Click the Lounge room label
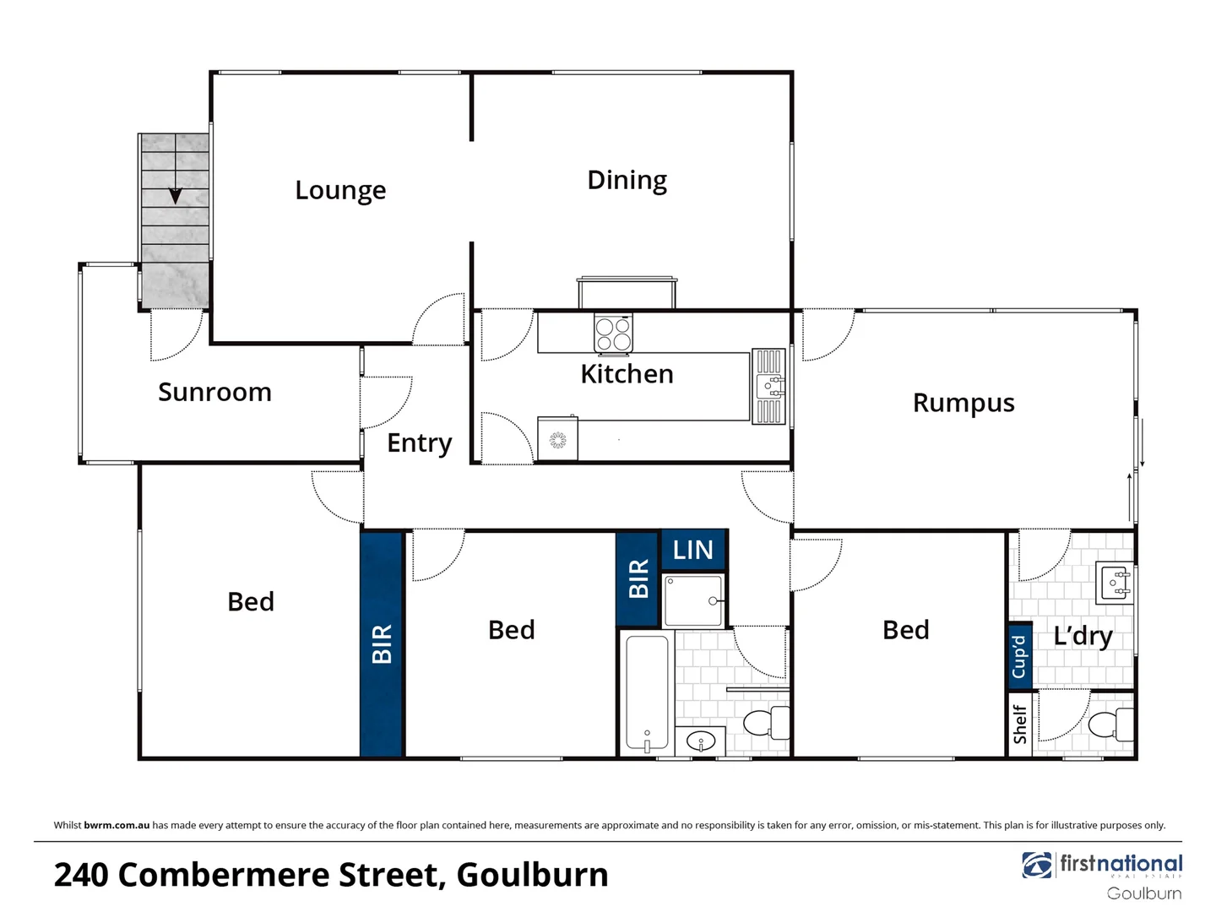tap(340, 191)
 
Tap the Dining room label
tap(627, 181)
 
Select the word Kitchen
tap(627, 374)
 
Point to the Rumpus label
tap(964, 404)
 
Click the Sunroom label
tap(214, 393)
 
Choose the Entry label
tap(419, 443)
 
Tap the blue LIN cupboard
tap(693, 551)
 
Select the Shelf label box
tap(1019, 725)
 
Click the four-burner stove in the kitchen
tap(613, 333)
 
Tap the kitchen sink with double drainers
tap(768, 387)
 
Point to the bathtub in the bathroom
tap(647, 692)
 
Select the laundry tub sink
tap(1116, 583)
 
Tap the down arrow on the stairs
tap(175, 196)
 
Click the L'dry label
tap(1083, 636)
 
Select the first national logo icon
tap(1037, 866)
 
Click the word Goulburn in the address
tap(532, 875)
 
